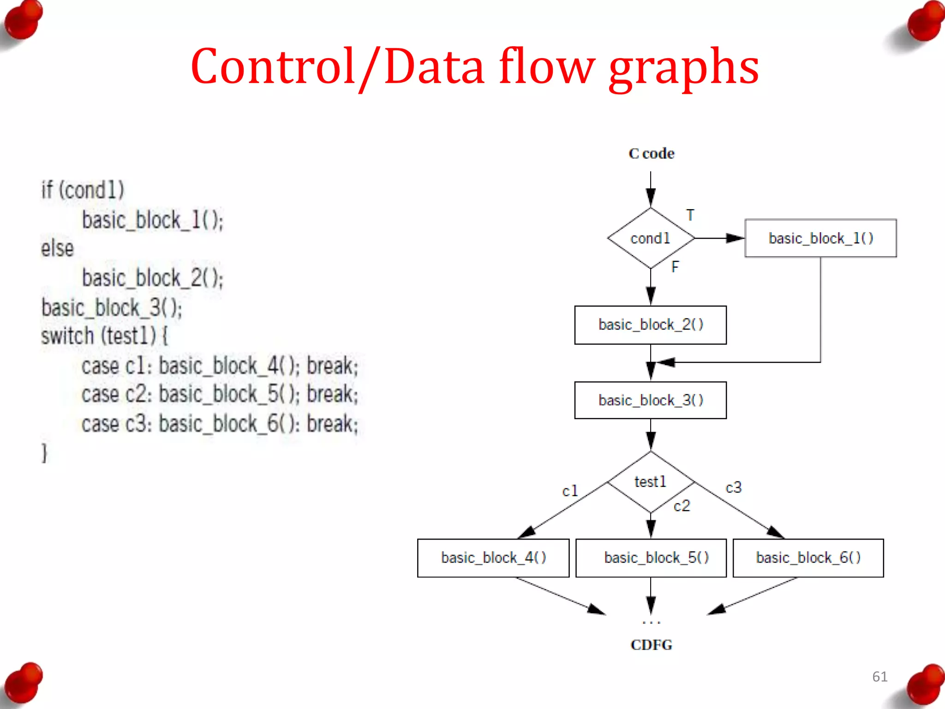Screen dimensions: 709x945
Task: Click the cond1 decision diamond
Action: point(651,238)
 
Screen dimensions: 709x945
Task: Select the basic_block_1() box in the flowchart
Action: point(820,238)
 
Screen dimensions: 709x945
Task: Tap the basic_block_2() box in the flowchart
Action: point(651,325)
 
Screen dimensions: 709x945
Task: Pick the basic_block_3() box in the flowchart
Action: point(651,400)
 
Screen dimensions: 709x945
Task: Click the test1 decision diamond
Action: point(651,482)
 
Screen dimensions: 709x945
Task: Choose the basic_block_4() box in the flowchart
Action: point(493,558)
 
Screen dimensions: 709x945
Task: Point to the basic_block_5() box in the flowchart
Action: point(651,558)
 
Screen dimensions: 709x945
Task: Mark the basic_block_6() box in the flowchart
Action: point(808,558)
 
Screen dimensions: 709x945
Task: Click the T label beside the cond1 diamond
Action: point(690,215)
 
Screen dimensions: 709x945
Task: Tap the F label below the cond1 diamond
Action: point(675,267)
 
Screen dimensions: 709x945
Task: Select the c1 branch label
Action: point(570,491)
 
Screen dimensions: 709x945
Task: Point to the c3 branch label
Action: point(734,487)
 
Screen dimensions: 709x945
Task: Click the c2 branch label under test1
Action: point(682,506)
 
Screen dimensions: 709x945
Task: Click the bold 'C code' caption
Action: point(651,153)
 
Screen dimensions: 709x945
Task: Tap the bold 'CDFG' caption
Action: point(651,645)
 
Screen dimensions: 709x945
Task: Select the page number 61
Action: point(879,677)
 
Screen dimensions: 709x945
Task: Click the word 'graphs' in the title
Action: point(684,67)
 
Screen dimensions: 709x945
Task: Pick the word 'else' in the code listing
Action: point(57,249)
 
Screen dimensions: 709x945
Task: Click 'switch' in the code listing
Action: point(67,336)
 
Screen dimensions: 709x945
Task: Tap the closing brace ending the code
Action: point(44,453)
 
